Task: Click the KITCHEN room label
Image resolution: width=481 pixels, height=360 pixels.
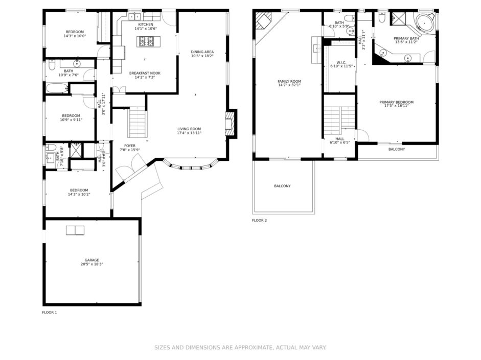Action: (x=145, y=25)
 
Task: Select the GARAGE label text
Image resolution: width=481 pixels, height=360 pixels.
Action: (x=91, y=260)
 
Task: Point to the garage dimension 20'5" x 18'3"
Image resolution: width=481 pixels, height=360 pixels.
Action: (x=91, y=264)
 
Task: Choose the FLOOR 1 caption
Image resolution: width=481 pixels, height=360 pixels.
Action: (x=50, y=313)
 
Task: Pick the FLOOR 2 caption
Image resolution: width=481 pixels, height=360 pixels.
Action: (x=260, y=220)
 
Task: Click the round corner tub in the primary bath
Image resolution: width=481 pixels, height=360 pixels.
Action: (x=425, y=22)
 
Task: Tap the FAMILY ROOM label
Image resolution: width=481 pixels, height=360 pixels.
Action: (x=289, y=81)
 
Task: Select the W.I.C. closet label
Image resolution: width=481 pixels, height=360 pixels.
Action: (x=341, y=62)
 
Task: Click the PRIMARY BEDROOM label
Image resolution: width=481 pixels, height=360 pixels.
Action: (x=396, y=102)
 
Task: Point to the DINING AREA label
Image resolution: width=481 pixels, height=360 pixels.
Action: (x=202, y=52)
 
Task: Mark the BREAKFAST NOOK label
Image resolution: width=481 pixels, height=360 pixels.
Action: (x=145, y=73)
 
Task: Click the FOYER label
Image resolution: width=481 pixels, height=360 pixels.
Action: (x=130, y=146)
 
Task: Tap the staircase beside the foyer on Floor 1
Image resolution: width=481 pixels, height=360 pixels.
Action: (x=137, y=122)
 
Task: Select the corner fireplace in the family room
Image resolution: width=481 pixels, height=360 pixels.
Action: (x=263, y=20)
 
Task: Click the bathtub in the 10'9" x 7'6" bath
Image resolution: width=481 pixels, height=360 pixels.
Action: (x=57, y=88)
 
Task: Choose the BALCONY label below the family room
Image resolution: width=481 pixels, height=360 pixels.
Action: (x=282, y=186)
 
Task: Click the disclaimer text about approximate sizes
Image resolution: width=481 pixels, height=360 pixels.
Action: (x=240, y=347)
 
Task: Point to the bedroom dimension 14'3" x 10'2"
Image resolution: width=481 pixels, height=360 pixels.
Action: (x=79, y=194)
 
